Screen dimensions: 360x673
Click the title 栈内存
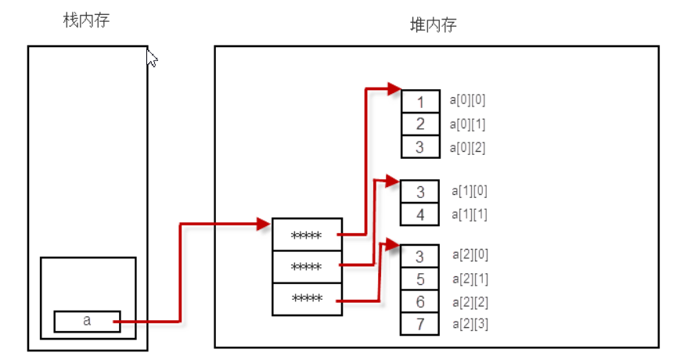pos(86,20)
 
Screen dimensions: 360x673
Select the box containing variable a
pos(87,321)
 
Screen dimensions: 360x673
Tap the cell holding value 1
pos(420,102)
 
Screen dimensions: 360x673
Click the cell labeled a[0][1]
pos(420,124)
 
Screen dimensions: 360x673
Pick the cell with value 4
pos(420,214)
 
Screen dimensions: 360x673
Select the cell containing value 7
pos(420,324)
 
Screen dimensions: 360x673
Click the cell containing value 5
pos(420,279)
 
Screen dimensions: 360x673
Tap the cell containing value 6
pos(420,301)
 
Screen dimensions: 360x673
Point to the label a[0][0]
pos(468,100)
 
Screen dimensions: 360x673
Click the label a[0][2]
pos(468,147)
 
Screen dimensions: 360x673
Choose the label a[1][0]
pos(470,191)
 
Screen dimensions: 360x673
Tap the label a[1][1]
pos(470,214)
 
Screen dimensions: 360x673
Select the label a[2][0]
pos(470,255)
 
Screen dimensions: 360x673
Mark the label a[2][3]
pos(470,323)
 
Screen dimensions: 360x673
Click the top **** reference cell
pos(307,235)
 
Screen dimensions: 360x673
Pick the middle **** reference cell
pos(307,267)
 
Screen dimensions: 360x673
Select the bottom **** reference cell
pos(307,299)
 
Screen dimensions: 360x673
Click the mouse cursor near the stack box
pos(152,59)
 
